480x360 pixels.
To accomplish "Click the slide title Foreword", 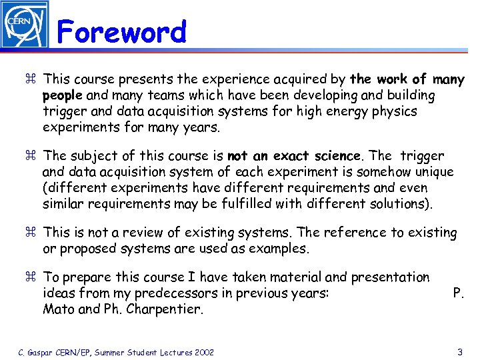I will pos(121,32).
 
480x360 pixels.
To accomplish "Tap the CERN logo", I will pos(25,25).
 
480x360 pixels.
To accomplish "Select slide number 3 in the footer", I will pos(460,351).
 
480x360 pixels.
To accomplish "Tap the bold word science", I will pos(337,156).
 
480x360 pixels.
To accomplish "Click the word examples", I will pos(281,249).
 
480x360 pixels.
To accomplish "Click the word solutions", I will pos(397,203).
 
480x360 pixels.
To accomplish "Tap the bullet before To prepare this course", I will pos(31,277).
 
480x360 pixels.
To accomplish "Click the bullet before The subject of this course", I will pos(31,156).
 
